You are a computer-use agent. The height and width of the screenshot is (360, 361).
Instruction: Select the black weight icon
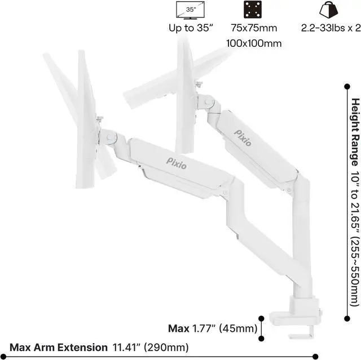[x=328, y=10]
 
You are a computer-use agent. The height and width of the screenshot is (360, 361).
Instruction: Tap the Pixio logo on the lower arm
[x=179, y=162]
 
